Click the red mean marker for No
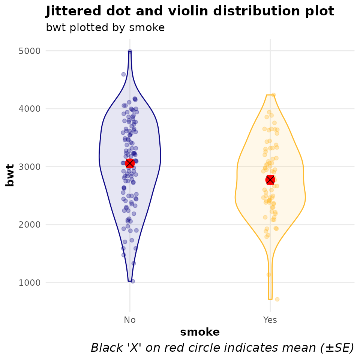coord(130,163)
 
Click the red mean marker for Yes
coord(270,180)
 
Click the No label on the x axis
coord(130,320)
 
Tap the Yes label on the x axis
coord(270,320)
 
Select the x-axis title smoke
coord(200,332)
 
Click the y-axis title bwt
coord(10,175)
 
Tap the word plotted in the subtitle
coord(86,28)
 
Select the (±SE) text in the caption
coord(337,348)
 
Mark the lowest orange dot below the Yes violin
coord(277,299)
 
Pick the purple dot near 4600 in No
coord(123,74)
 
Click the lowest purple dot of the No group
coord(132,281)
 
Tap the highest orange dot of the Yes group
coord(273,95)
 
